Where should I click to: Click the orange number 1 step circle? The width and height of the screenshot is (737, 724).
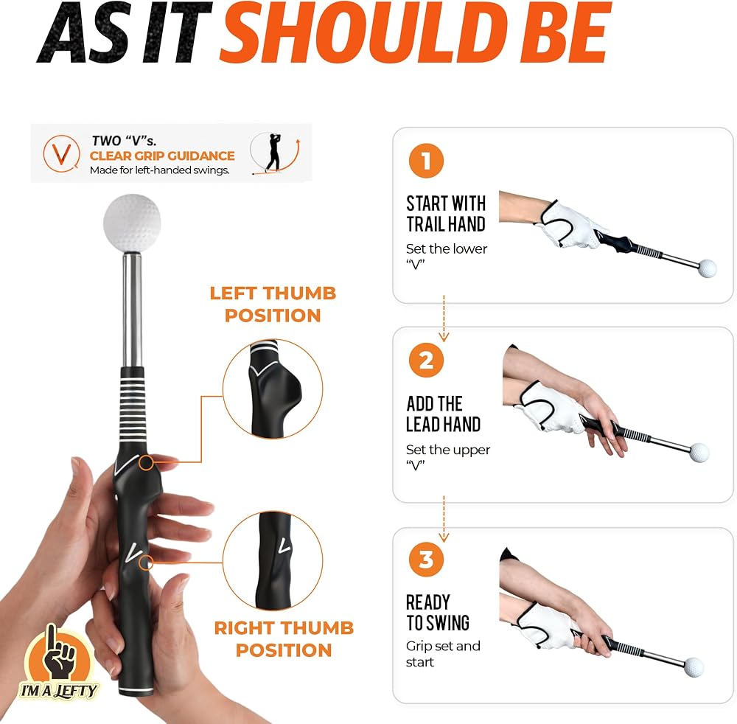(426, 161)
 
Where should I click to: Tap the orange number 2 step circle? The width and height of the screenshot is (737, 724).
(426, 360)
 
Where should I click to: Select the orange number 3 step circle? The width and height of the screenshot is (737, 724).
(426, 560)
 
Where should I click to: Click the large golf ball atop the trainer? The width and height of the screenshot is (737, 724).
(132, 223)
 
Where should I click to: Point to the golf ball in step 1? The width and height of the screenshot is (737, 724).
(707, 268)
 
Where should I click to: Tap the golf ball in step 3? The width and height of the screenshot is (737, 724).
(694, 667)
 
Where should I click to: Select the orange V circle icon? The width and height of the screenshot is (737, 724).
(61, 153)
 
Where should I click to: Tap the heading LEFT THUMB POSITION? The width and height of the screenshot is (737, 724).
(273, 304)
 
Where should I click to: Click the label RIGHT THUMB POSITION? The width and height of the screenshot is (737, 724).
(284, 639)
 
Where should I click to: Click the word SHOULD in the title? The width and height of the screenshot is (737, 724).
(360, 33)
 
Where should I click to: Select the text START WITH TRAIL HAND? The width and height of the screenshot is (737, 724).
(446, 214)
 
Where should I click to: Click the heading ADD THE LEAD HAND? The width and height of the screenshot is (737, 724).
(443, 414)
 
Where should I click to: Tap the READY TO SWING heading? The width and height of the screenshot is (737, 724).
(438, 613)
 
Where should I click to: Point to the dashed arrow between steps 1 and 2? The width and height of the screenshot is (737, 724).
(444, 319)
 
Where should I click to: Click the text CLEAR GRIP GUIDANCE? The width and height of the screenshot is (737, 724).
(162, 156)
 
